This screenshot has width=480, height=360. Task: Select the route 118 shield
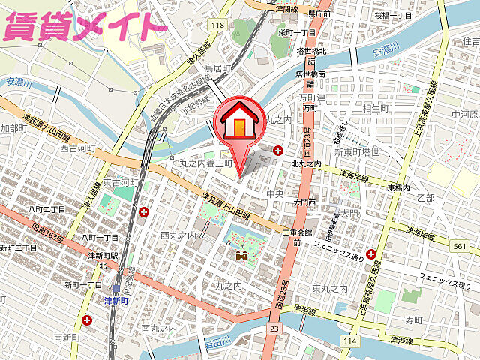[x=217, y=25]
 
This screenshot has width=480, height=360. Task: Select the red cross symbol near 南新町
[x=88, y=321]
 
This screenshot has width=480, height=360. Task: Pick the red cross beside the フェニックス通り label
[x=370, y=254]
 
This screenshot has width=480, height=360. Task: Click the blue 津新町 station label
[x=115, y=300]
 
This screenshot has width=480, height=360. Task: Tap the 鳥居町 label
[x=226, y=68]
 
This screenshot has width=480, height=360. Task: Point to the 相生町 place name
[x=373, y=109]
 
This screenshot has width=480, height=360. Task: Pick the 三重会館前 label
[x=297, y=238]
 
